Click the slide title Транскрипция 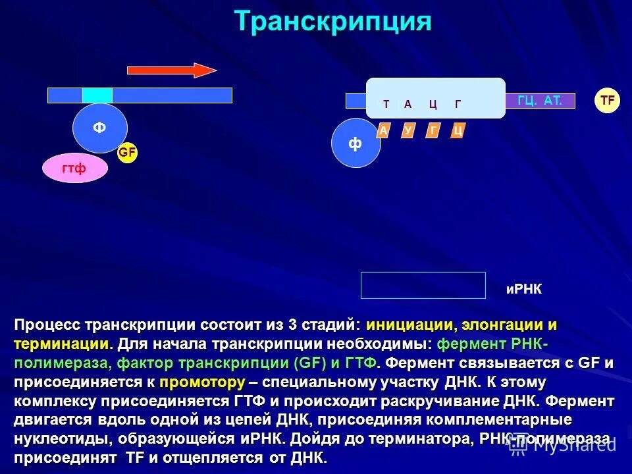pos(333,22)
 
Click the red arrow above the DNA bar pos(171,70)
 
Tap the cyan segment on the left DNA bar pos(97,95)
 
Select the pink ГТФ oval pos(74,169)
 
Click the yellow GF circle pos(127,153)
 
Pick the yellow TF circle pos(608,101)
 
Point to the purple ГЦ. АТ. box pos(540,101)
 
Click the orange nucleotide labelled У pos(408,131)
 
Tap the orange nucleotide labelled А pos(383,131)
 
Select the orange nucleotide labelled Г pos(433,131)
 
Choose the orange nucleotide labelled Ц pos(458,131)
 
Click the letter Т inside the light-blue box pos(386,104)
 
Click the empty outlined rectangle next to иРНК pos(423,285)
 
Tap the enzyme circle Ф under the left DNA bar pos(99,128)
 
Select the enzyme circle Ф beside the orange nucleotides pos(355,144)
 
